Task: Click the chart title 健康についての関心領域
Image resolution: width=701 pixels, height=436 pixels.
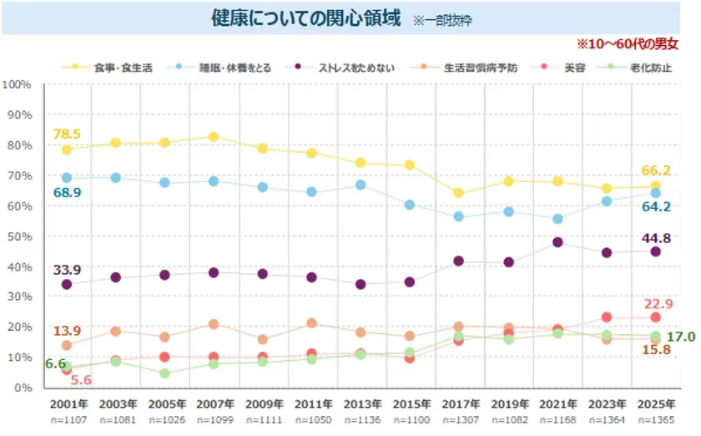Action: coord(305,18)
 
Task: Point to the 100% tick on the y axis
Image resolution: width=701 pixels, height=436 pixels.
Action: coord(17,84)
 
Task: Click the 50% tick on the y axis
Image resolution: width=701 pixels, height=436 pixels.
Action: coord(19,236)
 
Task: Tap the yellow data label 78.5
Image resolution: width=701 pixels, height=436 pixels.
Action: coord(66,134)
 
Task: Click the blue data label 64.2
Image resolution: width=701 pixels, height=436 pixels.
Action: coord(655,206)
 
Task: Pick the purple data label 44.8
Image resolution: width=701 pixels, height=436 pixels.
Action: coord(655,238)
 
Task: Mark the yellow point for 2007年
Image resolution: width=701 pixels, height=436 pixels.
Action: coord(214,137)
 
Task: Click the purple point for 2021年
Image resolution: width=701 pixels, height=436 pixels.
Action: coord(557,242)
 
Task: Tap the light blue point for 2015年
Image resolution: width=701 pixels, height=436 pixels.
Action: coord(410,205)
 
